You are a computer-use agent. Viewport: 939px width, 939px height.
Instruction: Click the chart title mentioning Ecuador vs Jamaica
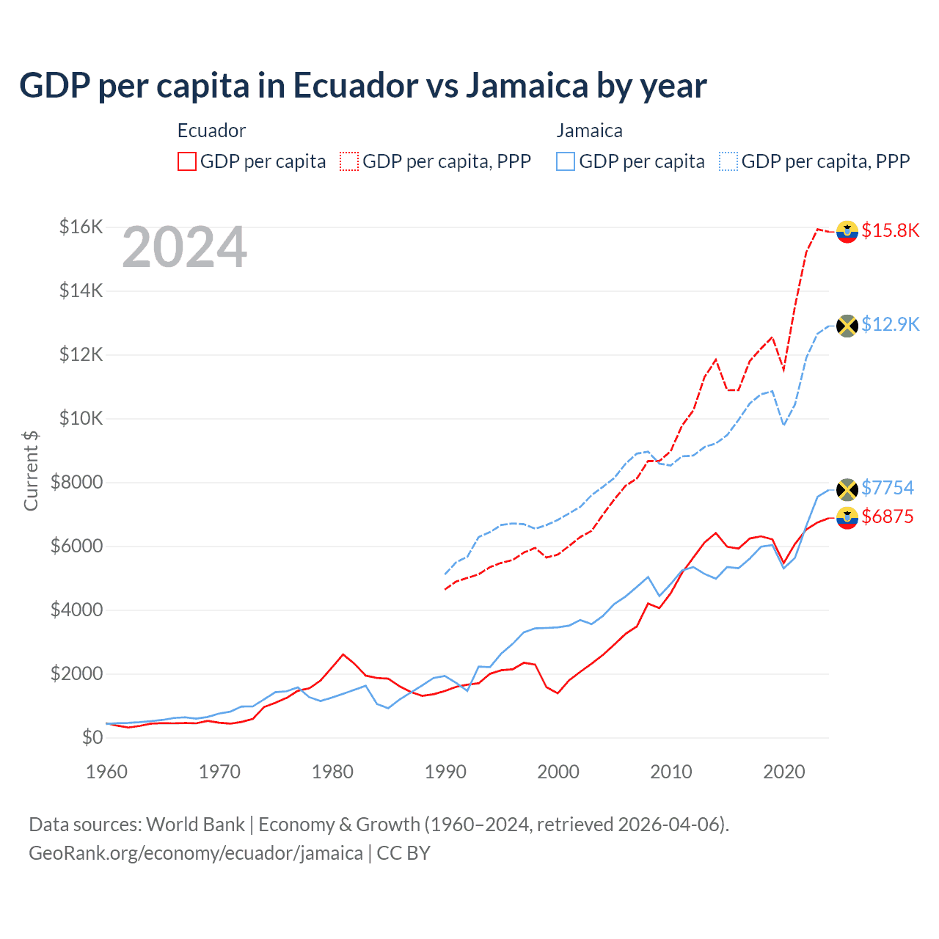coord(362,86)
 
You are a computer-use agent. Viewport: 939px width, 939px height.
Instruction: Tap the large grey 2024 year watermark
coord(184,247)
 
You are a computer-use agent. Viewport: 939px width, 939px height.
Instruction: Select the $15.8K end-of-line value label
coord(890,230)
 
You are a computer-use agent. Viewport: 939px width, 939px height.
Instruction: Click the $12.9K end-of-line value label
coord(890,324)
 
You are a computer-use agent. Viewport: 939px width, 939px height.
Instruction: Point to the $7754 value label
coord(887,488)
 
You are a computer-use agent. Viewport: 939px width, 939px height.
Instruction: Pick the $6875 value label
coord(887,516)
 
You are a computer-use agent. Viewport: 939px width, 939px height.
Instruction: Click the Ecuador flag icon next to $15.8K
coord(847,231)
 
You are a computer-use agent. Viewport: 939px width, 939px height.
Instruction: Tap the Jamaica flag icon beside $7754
coord(847,489)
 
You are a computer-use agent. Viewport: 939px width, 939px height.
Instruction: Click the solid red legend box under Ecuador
coord(187,161)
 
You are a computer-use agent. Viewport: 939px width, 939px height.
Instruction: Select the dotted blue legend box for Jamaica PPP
coord(728,161)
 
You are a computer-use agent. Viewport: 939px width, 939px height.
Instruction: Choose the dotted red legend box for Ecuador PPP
coord(349,161)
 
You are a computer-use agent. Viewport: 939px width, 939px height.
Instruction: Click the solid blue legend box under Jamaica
coord(566,161)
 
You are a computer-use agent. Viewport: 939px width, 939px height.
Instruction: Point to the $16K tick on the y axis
coord(81,227)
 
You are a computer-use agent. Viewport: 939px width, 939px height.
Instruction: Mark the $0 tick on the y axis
coord(92,737)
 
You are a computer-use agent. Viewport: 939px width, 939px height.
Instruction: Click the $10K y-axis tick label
coord(81,418)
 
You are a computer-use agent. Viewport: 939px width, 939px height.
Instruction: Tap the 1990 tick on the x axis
coord(445,772)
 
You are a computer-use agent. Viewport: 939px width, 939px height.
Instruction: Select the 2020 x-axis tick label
coord(784,772)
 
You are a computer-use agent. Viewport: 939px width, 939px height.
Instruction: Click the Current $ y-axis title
coord(31,470)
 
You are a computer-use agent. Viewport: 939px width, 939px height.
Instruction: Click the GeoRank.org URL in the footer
coord(196,853)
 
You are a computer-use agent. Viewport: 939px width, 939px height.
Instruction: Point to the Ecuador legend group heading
coord(211,131)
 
